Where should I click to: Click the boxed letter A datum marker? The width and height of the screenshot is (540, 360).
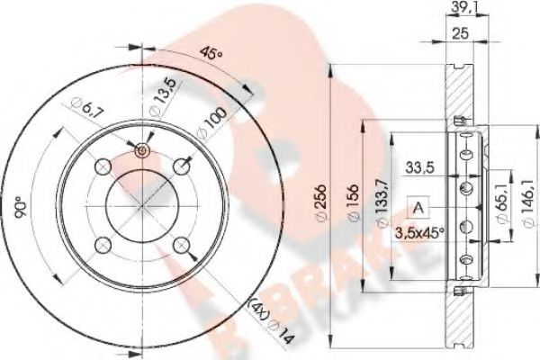[x=418, y=209]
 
